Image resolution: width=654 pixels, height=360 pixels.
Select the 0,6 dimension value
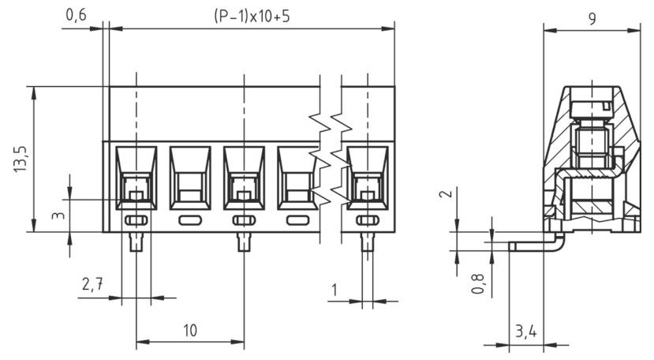coord(77,15)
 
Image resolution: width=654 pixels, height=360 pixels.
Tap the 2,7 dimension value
coord(92,286)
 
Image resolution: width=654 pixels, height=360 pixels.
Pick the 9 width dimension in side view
coord(591,19)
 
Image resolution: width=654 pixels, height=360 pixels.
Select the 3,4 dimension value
coord(525,332)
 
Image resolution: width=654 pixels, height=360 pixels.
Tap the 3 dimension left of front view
coord(58,215)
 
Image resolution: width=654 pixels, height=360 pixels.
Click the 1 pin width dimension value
coord(334,291)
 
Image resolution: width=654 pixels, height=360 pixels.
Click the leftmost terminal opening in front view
coord(136,178)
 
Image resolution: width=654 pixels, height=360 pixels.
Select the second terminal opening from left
coord(189,178)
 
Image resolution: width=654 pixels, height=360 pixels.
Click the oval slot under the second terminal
coord(189,220)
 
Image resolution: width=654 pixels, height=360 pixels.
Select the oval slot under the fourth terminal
coord(297,220)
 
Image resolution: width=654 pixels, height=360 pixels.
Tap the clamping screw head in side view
coord(590,106)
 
